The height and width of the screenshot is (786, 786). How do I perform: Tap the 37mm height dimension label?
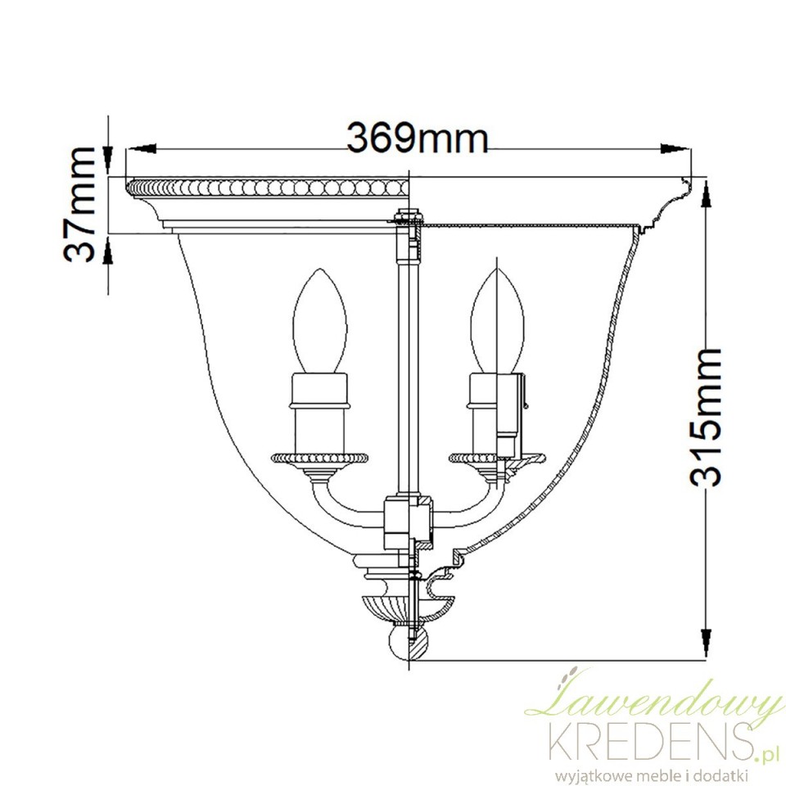click(x=79, y=205)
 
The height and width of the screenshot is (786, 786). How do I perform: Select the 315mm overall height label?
click(x=705, y=418)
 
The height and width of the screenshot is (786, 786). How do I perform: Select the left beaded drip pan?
click(x=320, y=458)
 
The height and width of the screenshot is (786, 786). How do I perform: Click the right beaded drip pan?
click(x=496, y=458)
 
